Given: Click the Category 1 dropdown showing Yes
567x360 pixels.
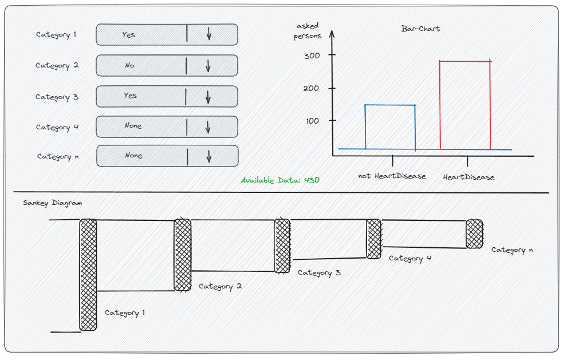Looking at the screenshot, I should (x=166, y=35).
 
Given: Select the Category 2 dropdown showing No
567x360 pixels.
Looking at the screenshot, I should (x=166, y=65).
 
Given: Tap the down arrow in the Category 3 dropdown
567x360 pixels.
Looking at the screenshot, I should (x=208, y=96).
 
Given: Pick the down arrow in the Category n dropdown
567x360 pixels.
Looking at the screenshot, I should (x=209, y=156).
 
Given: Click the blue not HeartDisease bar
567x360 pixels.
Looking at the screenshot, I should (x=390, y=127).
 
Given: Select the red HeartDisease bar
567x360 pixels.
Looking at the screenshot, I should (x=465, y=105).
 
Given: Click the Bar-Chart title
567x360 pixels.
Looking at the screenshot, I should (x=421, y=28).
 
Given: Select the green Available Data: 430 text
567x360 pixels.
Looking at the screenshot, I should (x=280, y=180).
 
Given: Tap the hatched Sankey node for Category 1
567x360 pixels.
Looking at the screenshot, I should (x=88, y=275).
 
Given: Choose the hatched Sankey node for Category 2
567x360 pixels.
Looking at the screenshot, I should (x=183, y=255).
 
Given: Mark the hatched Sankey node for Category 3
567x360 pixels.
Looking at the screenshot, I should (x=282, y=246).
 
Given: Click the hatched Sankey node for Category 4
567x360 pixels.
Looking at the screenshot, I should (x=374, y=238).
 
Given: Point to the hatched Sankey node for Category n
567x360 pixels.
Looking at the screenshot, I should (x=474, y=234).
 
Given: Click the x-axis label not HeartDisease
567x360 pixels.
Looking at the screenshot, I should (x=392, y=176).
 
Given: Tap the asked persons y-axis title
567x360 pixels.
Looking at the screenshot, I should (x=308, y=31).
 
